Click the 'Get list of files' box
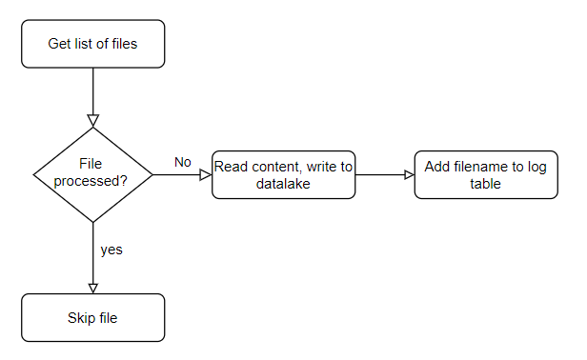tap(92, 44)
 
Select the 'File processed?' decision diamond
tap(92, 174)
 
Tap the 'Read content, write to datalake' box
tap(283, 174)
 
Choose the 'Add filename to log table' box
tap(486, 174)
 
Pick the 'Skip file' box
tap(92, 318)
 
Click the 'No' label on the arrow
tap(183, 162)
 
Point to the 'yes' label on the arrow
tap(111, 250)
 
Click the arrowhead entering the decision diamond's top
tap(92, 121)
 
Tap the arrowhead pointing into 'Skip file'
tap(92, 289)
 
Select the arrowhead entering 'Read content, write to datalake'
tap(206, 174)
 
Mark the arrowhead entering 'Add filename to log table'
tap(410, 174)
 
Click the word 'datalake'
tap(283, 184)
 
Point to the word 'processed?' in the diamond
tap(91, 181)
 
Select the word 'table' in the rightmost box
tap(486, 184)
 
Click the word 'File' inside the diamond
tap(91, 164)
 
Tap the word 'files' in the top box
tap(125, 44)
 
